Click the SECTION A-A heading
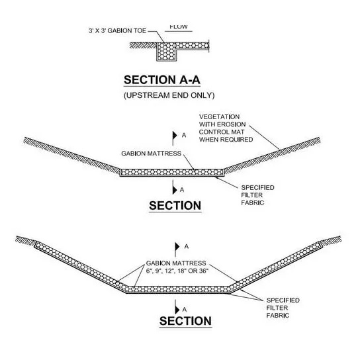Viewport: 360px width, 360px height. [x=162, y=80]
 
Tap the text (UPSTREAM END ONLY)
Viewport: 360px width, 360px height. [x=169, y=95]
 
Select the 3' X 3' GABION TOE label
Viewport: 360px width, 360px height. [x=117, y=30]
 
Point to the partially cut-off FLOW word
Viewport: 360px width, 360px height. [x=179, y=27]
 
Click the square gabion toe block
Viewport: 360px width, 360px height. [x=166, y=52]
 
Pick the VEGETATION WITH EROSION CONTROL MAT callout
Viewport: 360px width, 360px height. [x=226, y=128]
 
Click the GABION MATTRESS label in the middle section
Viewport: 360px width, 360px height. [x=151, y=154]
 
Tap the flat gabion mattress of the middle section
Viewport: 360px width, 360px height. [x=172, y=173]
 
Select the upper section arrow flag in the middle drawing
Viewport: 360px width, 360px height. [x=175, y=136]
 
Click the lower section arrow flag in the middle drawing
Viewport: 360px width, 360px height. [x=175, y=190]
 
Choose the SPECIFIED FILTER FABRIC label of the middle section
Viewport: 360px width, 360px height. [x=257, y=195]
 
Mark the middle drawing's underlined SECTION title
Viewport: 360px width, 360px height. [x=175, y=206]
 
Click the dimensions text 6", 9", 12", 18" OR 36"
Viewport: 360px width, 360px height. [x=177, y=271]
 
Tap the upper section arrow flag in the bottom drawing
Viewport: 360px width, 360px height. [x=177, y=247]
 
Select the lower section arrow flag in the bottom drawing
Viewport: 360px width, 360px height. [x=177, y=310]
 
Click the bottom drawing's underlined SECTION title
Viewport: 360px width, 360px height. [x=185, y=321]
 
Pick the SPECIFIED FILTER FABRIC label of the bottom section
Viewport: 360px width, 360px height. [x=283, y=308]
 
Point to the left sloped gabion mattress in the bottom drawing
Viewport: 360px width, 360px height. [x=81, y=266]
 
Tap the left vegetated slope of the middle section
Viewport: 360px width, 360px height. [x=72, y=155]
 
